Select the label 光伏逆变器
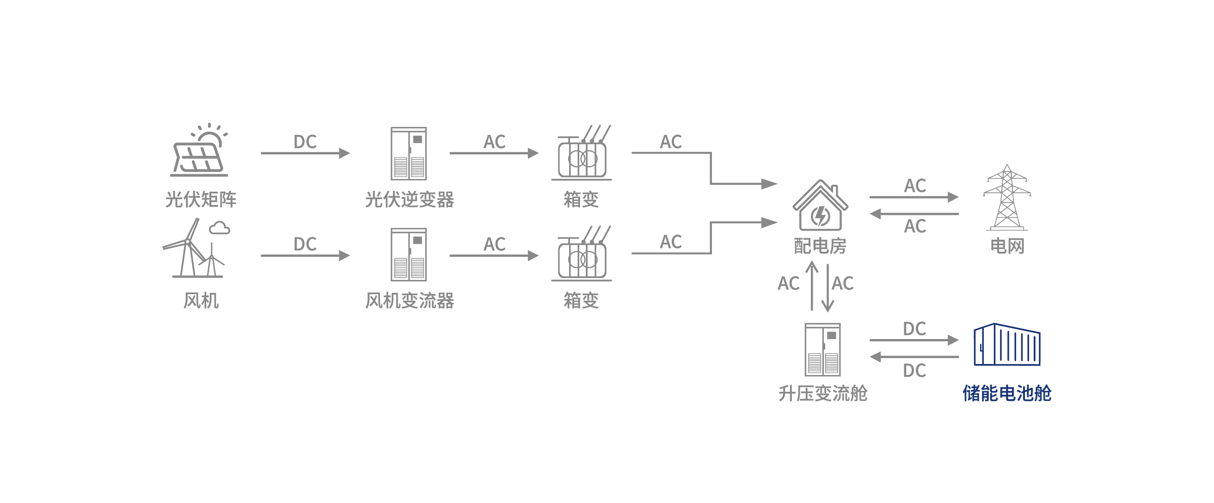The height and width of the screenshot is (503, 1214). pos(409,200)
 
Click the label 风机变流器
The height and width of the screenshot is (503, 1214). pos(409,301)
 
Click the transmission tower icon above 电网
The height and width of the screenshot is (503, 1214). pos(1006,198)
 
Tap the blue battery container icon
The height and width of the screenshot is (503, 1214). pos(1006,345)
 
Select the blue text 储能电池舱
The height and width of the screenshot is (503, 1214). pos(1006,393)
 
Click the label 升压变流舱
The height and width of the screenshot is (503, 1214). pos(822,393)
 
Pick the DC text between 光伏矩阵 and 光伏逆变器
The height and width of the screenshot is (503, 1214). pos(305,142)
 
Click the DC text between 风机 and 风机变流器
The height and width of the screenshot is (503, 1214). pos(305,244)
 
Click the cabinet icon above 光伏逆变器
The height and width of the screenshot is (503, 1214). pos(409,153)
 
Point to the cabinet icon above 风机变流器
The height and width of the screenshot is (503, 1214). pos(409,255)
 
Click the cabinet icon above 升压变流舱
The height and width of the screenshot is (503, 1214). pos(822,350)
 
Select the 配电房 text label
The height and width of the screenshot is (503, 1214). pos(820,246)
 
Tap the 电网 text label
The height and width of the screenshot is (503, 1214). pos(1006,246)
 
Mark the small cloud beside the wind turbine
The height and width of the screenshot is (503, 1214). pos(220,229)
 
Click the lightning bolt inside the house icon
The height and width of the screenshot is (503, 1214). pos(821,216)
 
